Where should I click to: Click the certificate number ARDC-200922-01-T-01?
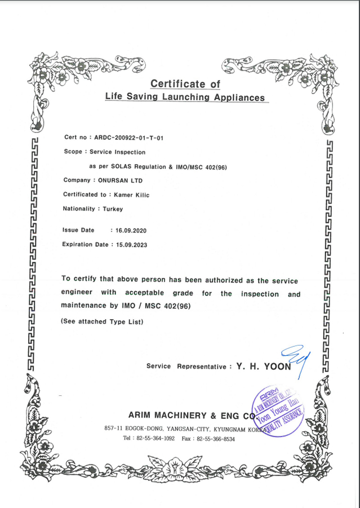click(x=128, y=138)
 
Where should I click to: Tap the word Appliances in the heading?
click(x=237, y=98)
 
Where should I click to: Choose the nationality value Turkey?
click(x=113, y=209)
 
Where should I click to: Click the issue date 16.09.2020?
click(x=131, y=231)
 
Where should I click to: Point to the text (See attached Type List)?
click(x=102, y=322)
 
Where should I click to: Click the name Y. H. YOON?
click(x=264, y=366)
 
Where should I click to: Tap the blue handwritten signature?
click(x=297, y=359)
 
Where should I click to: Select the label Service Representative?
click(x=186, y=366)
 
